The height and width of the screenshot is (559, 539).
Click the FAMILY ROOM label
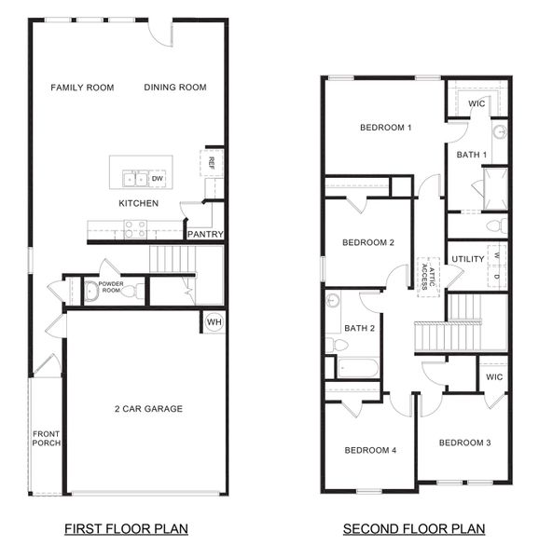pyautogui.click(x=82, y=88)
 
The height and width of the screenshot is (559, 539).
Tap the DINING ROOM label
pyautogui.click(x=175, y=88)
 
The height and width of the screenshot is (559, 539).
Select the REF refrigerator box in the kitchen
pyautogui.click(x=212, y=162)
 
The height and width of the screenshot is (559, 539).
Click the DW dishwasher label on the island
pyautogui.click(x=158, y=178)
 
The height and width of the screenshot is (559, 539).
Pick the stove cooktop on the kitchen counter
pyautogui.click(x=135, y=227)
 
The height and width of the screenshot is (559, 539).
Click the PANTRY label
pyautogui.click(x=205, y=234)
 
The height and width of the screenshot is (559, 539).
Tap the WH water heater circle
pyautogui.click(x=213, y=322)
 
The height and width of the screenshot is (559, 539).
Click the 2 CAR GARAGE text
pyautogui.click(x=148, y=409)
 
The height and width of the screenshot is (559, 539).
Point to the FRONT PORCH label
pyautogui.click(x=47, y=438)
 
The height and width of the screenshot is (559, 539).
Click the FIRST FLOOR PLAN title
pyautogui.click(x=126, y=529)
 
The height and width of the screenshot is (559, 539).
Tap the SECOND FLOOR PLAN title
pyautogui.click(x=414, y=529)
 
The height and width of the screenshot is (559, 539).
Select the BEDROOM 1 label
pyautogui.click(x=386, y=128)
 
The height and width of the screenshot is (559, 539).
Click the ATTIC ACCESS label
pyautogui.click(x=426, y=272)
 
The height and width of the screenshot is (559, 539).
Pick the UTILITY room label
pyautogui.click(x=467, y=258)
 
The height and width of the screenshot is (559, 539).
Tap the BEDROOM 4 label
pyautogui.click(x=370, y=450)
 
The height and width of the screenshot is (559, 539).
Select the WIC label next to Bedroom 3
pyautogui.click(x=494, y=377)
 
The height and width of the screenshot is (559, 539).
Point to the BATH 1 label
pyautogui.click(x=472, y=154)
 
